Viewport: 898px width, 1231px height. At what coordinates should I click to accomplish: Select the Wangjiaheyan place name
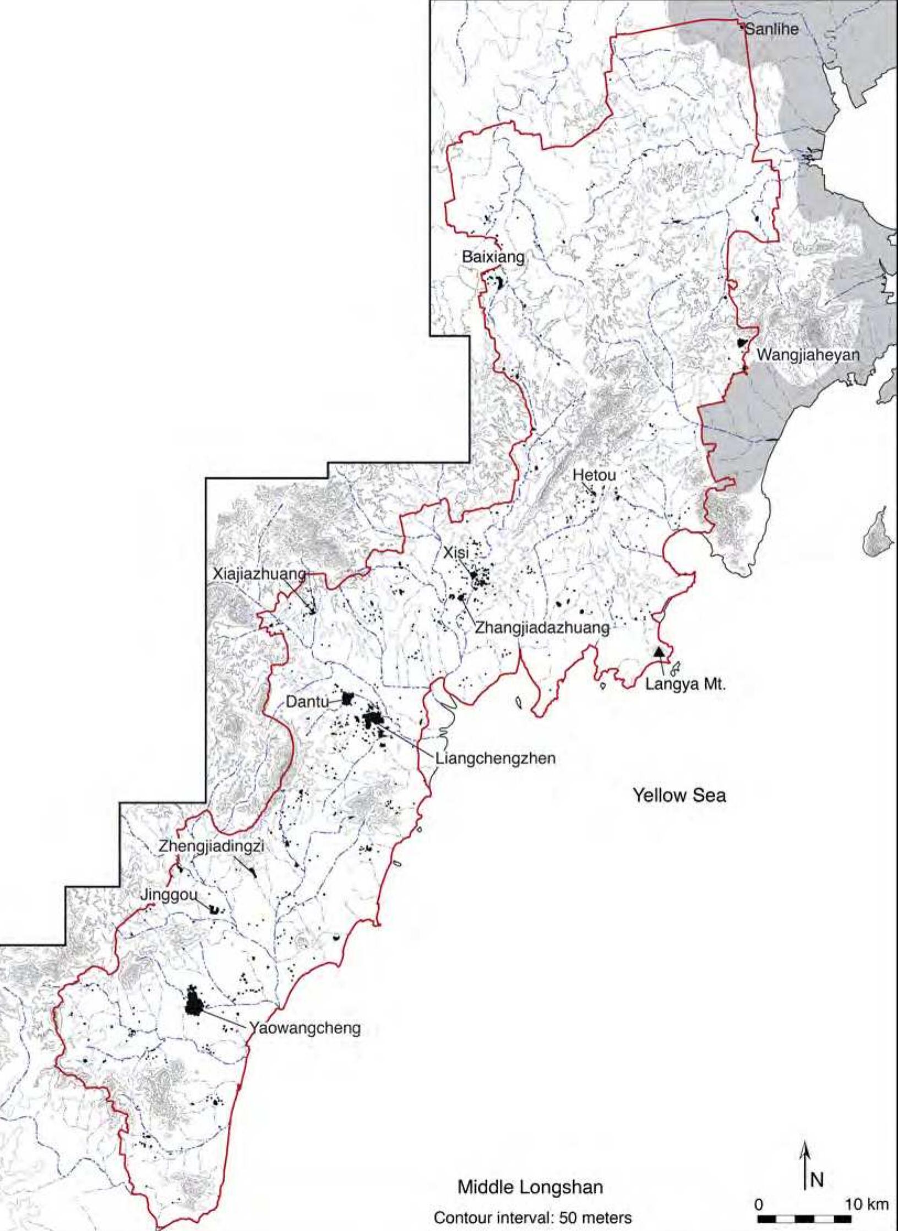click(x=808, y=355)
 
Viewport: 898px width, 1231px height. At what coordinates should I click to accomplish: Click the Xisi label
click(x=455, y=554)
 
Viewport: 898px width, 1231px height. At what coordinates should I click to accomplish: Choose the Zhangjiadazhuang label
click(x=542, y=628)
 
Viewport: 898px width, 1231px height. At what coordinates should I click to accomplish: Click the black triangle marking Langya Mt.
click(x=658, y=652)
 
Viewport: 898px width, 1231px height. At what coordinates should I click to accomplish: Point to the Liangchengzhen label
click(x=496, y=758)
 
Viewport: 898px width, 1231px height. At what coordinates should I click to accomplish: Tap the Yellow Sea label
click(x=679, y=796)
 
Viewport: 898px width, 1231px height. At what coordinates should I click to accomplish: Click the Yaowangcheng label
click(x=304, y=1027)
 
